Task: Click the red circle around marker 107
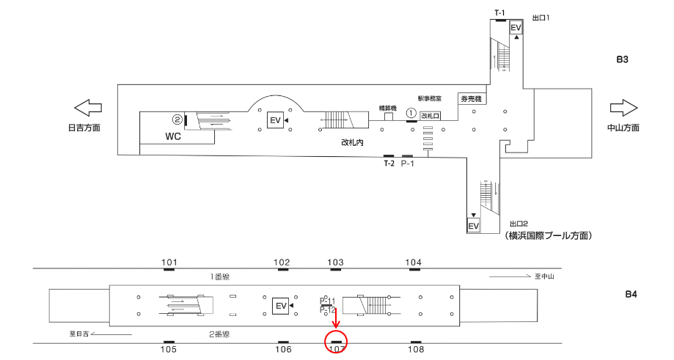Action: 335,340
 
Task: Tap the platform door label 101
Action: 169,262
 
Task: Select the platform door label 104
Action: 414,262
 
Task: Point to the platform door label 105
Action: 169,350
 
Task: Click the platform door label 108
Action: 415,350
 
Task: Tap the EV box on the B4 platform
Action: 279,305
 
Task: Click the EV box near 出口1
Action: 516,28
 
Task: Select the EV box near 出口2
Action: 474,225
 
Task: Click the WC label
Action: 173,136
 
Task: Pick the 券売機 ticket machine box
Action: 470,98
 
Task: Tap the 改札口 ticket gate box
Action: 430,116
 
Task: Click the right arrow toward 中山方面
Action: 623,108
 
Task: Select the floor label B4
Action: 631,295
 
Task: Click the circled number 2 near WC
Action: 177,119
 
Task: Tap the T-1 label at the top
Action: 499,12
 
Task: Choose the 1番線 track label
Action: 221,276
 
